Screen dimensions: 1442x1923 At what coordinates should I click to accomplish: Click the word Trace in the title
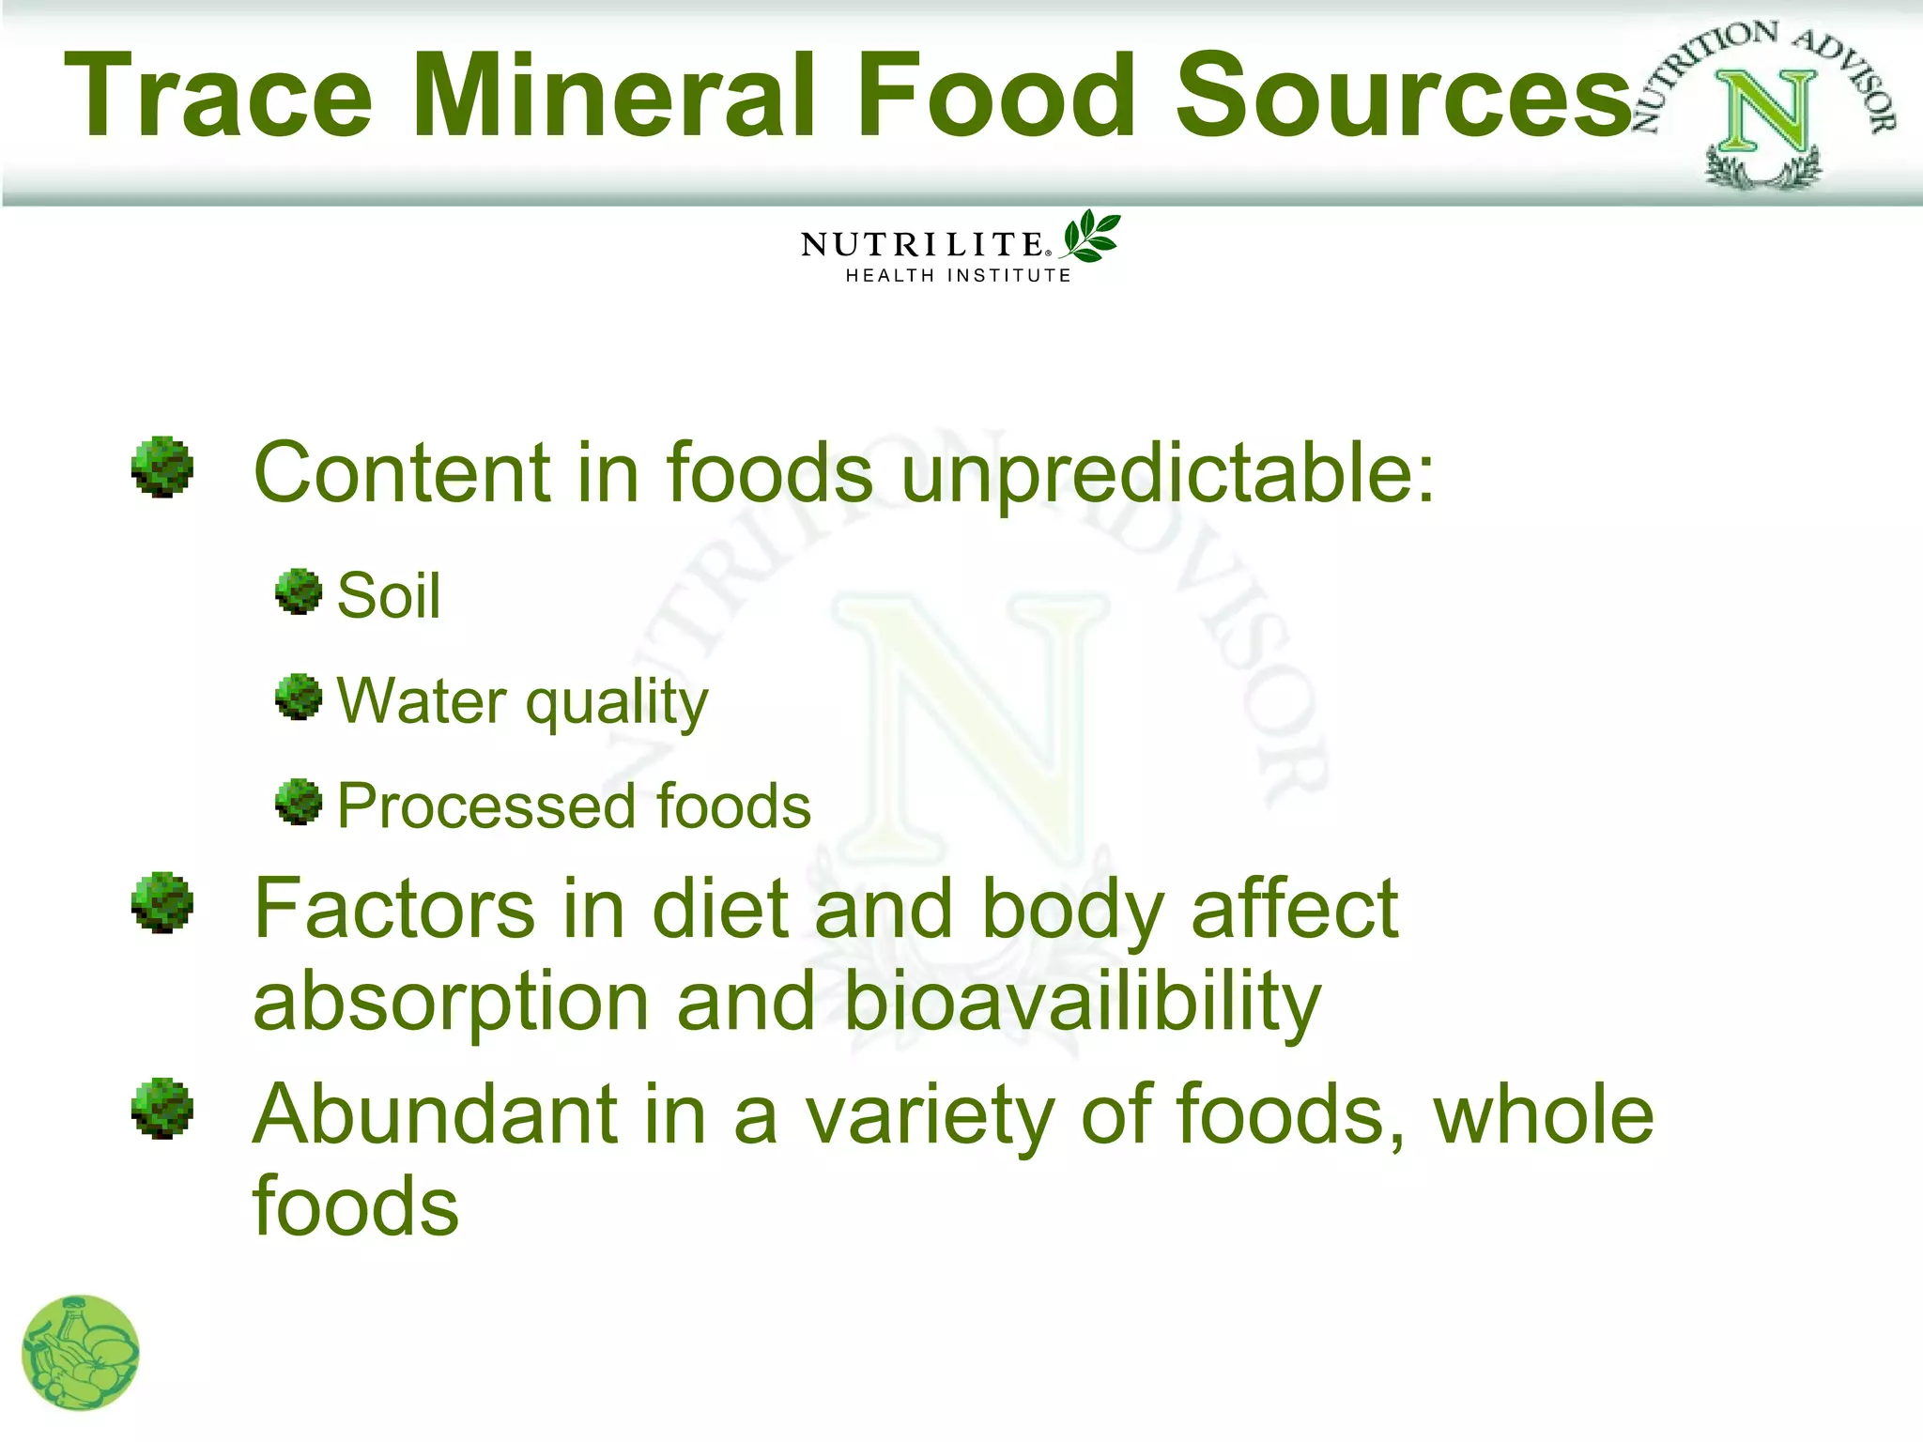click(218, 97)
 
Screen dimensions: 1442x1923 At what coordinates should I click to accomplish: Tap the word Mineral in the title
click(614, 97)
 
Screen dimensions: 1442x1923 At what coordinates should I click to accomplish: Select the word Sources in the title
click(1404, 97)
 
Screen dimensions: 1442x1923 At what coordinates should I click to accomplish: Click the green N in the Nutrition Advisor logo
click(1765, 113)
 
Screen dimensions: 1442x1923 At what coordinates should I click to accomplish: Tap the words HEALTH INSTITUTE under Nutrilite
click(958, 276)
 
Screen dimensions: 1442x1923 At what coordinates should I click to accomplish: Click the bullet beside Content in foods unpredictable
click(162, 467)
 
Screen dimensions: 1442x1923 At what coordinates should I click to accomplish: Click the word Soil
click(389, 596)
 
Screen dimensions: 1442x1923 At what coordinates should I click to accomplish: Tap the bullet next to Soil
click(300, 591)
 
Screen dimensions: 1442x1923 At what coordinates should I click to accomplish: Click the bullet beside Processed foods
click(300, 802)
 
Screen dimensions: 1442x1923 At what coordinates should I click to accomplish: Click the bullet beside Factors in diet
click(162, 903)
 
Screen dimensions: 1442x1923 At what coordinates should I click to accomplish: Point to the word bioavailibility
click(1082, 1003)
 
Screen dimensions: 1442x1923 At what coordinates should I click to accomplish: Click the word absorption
click(451, 1003)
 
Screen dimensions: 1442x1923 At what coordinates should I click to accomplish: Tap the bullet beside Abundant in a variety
click(162, 1108)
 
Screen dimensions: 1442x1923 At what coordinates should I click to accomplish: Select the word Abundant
click(435, 1115)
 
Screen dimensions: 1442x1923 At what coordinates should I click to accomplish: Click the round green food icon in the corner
click(81, 1353)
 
